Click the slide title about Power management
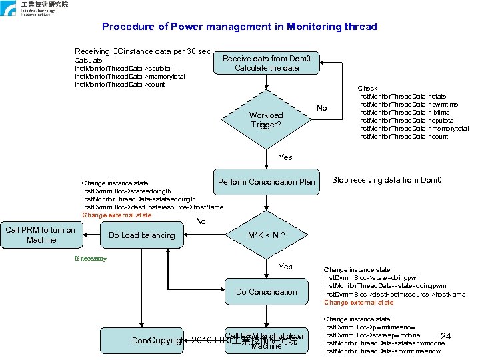[x=239, y=27]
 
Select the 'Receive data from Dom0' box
[x=261, y=63]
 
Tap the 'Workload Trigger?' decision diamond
[x=266, y=120]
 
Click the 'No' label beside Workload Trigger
[x=322, y=108]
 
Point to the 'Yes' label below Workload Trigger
[x=285, y=157]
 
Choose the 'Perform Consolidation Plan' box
[x=266, y=182]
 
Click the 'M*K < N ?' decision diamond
[x=266, y=235]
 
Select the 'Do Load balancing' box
[x=141, y=235]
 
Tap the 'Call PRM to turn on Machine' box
[x=41, y=235]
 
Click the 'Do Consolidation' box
[x=266, y=292]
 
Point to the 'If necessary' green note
[x=90, y=259]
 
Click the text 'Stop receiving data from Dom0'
[x=387, y=180]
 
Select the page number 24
[x=447, y=336]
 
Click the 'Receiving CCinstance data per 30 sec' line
[x=143, y=51]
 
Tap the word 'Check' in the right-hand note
[x=367, y=89]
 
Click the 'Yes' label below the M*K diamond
[x=285, y=267]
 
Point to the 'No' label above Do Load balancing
[x=201, y=221]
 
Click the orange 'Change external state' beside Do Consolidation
[x=359, y=303]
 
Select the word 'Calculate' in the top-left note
[x=89, y=61]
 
